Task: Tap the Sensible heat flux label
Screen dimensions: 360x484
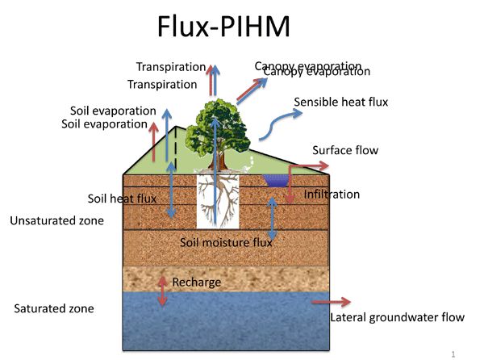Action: click(340, 103)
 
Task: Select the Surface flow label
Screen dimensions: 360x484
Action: click(344, 150)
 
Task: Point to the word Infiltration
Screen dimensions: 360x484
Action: click(332, 195)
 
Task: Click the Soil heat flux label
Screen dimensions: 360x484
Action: click(122, 198)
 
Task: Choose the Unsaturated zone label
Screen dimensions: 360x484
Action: click(56, 220)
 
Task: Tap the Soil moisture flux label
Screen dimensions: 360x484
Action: click(226, 241)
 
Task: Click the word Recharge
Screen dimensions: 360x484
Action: click(196, 283)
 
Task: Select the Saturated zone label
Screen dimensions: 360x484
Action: click(54, 308)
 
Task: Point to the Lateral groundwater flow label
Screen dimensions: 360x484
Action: click(397, 317)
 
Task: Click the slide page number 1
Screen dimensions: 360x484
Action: click(454, 353)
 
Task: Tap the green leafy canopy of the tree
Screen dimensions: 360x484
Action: click(215, 124)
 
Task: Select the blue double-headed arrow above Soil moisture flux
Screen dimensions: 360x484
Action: click(273, 214)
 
